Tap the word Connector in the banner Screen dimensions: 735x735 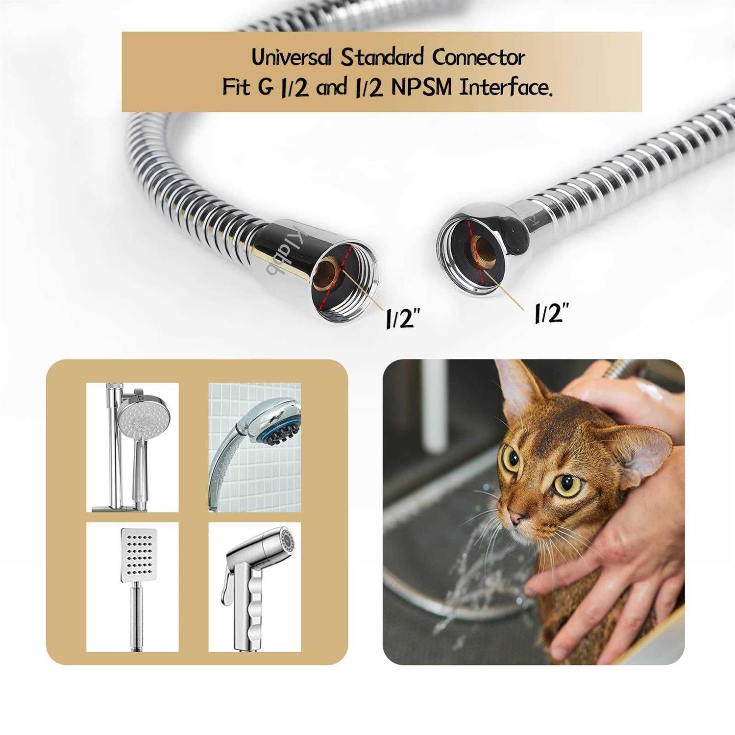[478, 58]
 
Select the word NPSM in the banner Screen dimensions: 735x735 [421, 88]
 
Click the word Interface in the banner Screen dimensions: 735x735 [507, 88]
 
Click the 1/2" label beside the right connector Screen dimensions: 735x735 [551, 312]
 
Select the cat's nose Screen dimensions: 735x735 [514, 517]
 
